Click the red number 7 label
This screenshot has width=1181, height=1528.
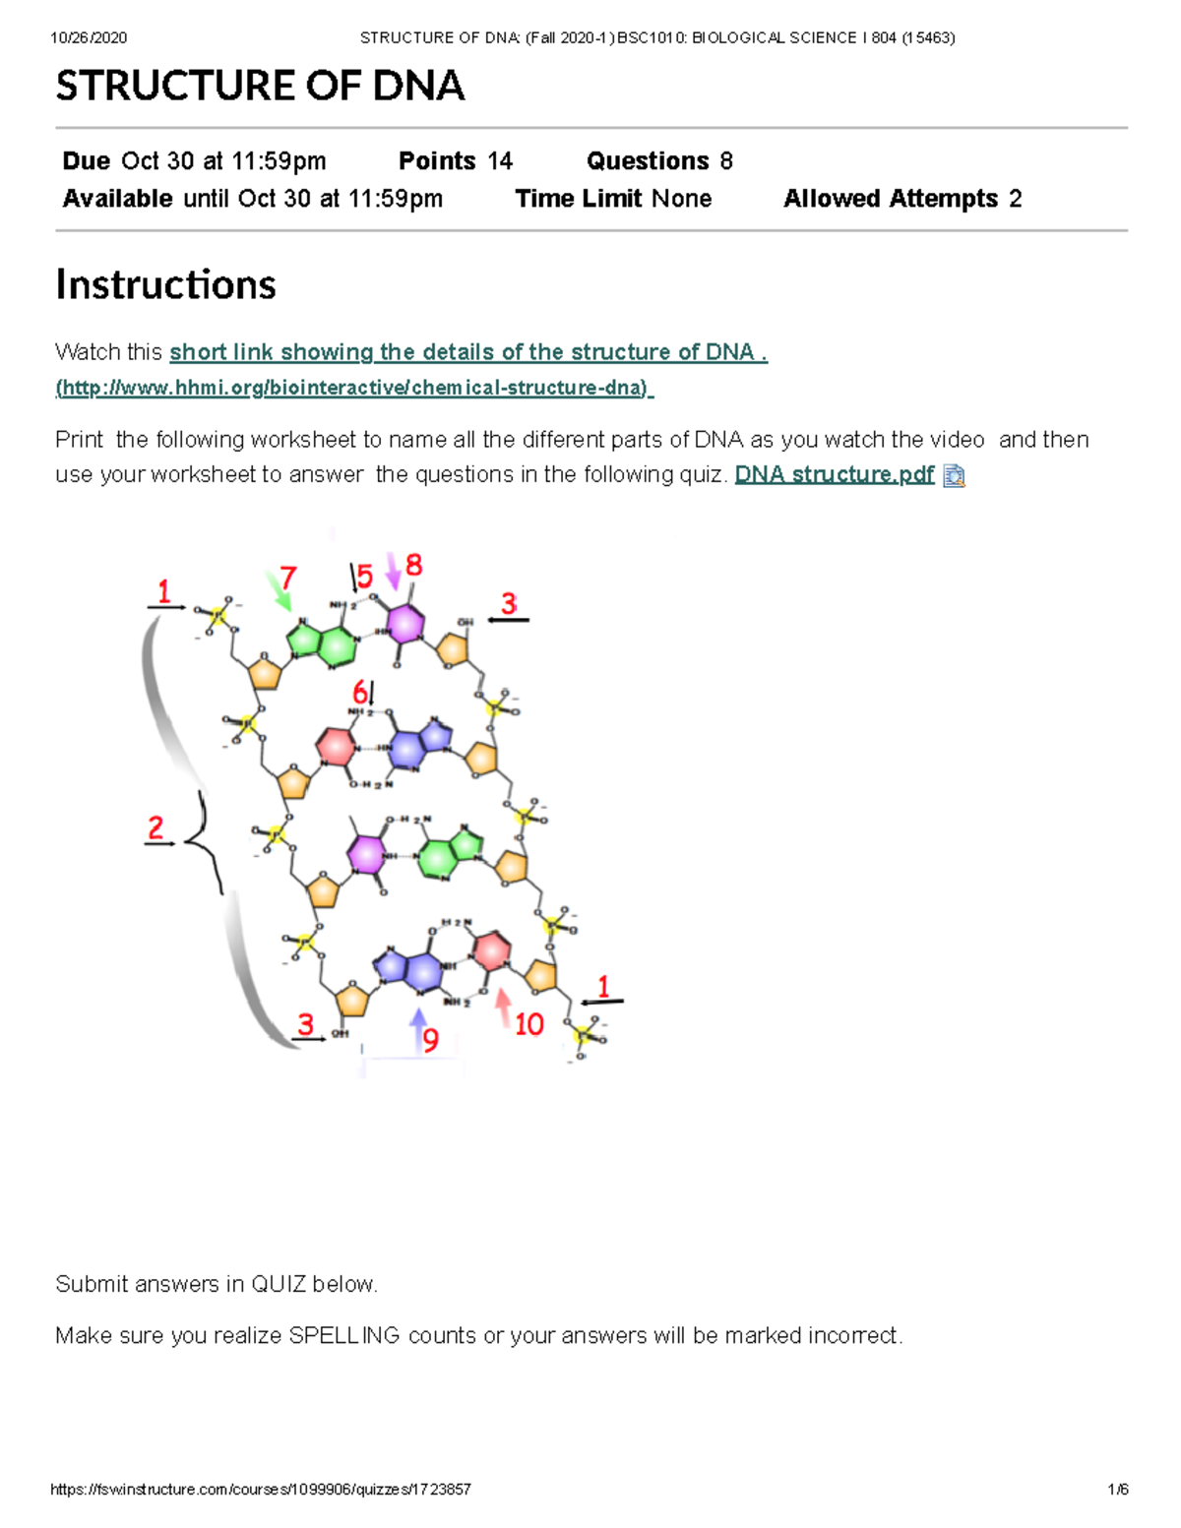pos(287,577)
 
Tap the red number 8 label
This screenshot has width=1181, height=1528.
pos(414,565)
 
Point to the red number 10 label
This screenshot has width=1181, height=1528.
pos(529,1025)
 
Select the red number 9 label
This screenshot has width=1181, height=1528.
pos(430,1040)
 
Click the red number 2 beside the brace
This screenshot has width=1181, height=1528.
pos(155,827)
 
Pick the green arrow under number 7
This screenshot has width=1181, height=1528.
pos(279,591)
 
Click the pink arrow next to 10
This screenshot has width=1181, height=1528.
pos(503,1008)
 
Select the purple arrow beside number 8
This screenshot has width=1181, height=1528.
pos(393,571)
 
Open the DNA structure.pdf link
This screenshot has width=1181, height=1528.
pos(834,474)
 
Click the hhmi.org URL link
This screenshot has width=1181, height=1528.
pos(354,388)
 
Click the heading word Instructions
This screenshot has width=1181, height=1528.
pos(165,284)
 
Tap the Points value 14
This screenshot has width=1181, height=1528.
pos(500,160)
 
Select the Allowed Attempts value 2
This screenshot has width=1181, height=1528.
pos(1015,199)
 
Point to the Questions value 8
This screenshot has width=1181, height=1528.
pos(726,160)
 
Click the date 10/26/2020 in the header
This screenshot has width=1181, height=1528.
pos(89,37)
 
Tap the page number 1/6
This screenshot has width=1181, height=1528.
pos(1117,1489)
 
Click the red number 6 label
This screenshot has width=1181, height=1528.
pos(360,692)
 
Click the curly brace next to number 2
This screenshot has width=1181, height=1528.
pos(204,841)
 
